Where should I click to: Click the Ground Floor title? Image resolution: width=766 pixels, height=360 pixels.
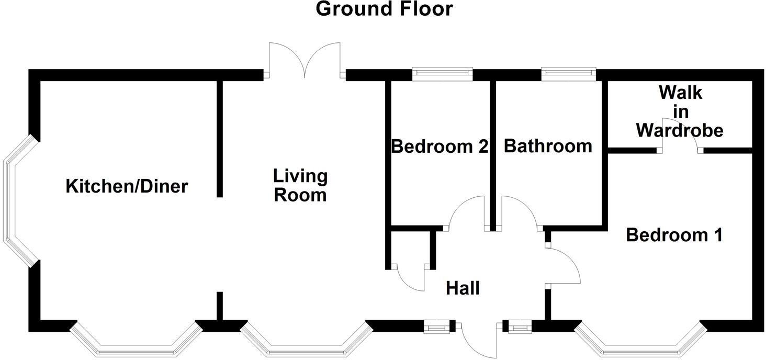click(384, 9)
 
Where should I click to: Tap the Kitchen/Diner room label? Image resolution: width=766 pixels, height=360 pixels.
click(127, 186)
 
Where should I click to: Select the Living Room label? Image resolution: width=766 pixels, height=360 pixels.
click(301, 185)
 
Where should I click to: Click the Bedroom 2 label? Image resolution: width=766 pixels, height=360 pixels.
click(440, 146)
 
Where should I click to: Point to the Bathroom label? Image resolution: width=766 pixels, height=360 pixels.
click(548, 146)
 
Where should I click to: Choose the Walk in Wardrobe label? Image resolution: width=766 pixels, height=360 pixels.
click(680, 111)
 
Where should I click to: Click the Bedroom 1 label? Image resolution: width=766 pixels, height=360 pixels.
click(674, 235)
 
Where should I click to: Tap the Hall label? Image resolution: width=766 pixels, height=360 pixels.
click(463, 288)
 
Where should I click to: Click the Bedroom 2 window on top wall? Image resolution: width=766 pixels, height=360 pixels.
click(442, 74)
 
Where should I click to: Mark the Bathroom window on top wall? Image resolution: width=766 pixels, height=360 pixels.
click(568, 74)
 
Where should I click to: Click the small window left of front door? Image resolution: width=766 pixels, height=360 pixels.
click(436, 328)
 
